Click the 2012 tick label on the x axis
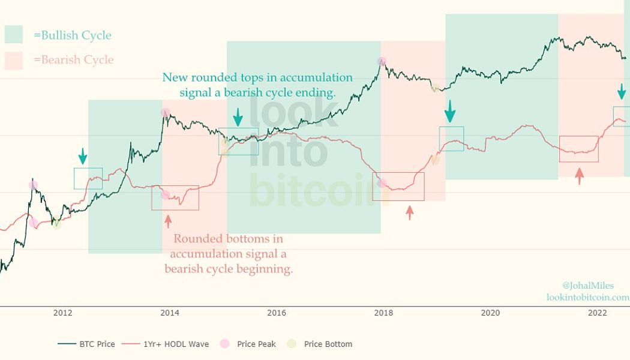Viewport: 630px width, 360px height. click(62, 313)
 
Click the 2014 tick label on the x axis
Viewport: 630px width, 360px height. click(170, 313)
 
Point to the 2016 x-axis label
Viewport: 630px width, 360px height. click(276, 313)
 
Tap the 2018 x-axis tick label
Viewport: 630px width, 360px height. click(383, 313)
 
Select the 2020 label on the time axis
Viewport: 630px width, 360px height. click(490, 313)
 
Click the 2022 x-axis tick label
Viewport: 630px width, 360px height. click(597, 313)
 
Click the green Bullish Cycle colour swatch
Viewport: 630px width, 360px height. click(13, 35)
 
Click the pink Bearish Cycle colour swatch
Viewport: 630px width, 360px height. click(13, 60)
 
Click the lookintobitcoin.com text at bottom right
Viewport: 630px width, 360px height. click(587, 297)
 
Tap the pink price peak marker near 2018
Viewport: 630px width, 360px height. click(382, 61)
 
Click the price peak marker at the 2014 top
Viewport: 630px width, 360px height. click(165, 112)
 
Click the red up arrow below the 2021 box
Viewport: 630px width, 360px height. click(579, 176)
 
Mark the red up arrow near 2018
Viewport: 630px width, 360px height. click(410, 212)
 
